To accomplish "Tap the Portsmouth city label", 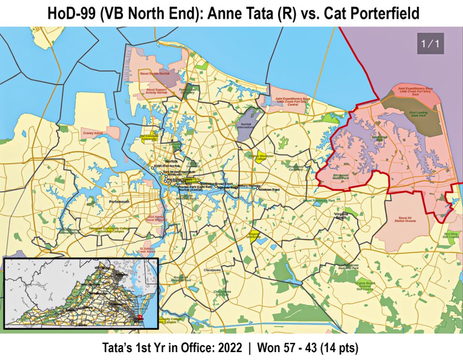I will [x=119, y=202].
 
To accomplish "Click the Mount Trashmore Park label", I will [x=319, y=201].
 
